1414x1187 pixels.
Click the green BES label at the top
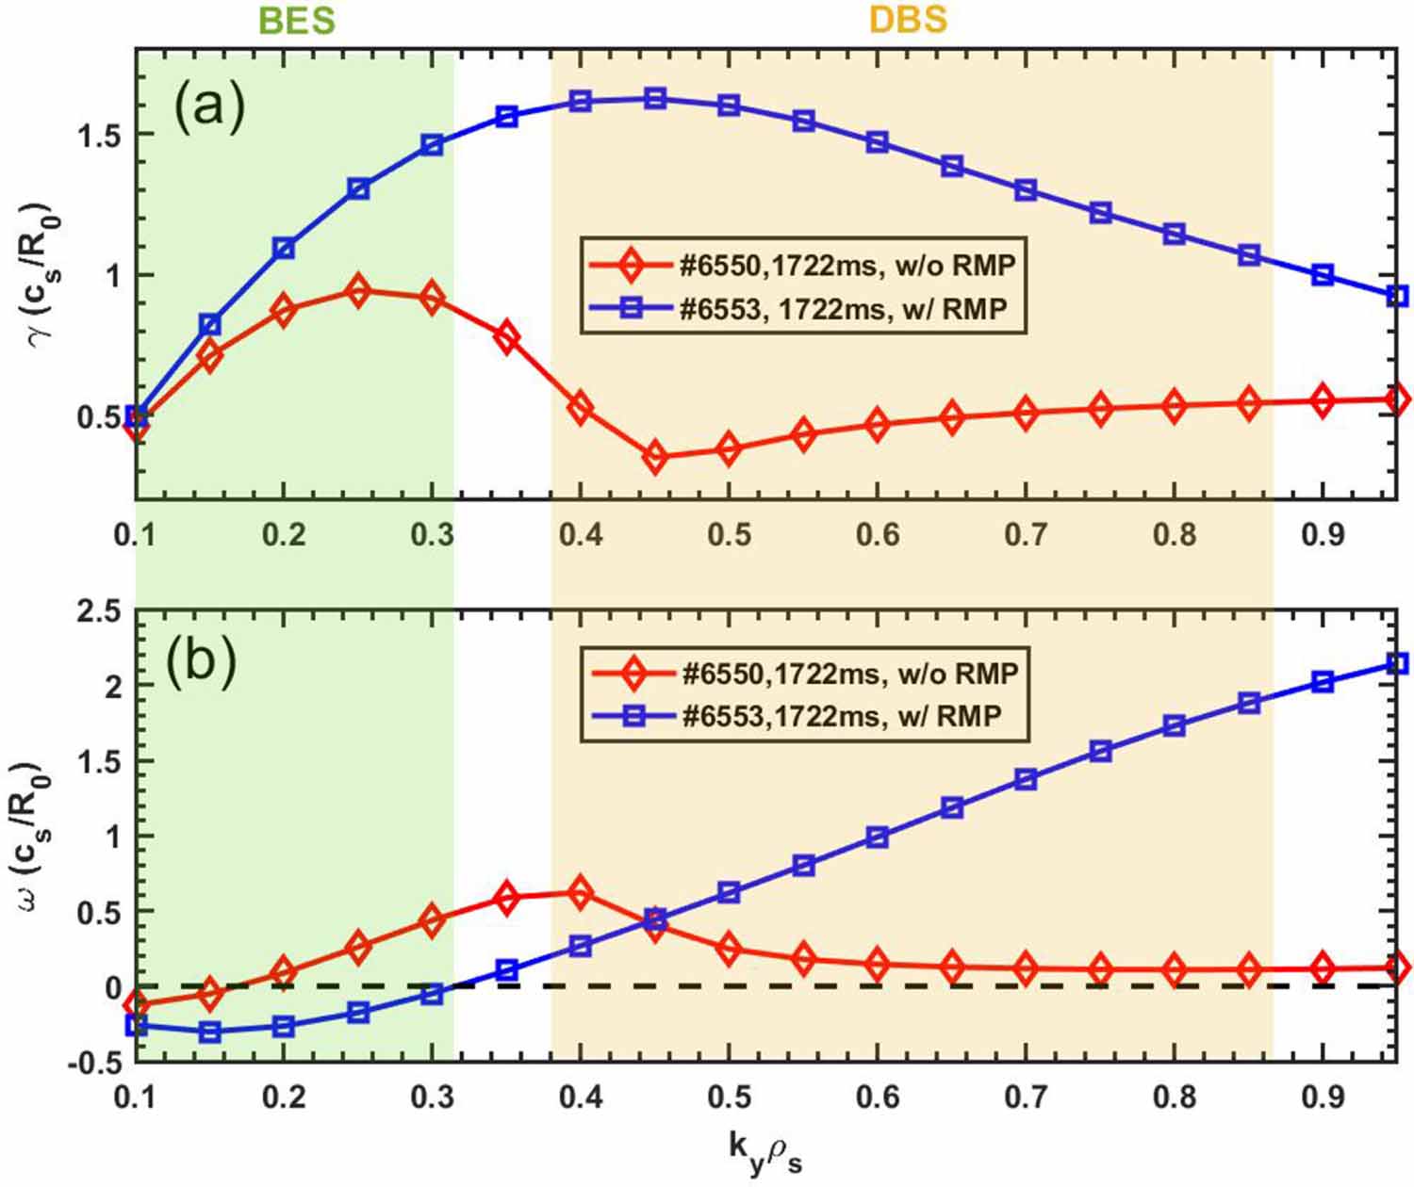tap(296, 20)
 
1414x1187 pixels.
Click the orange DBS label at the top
tap(907, 20)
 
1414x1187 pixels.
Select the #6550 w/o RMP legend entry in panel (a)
tap(801, 265)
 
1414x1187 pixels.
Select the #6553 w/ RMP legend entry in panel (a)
tap(801, 308)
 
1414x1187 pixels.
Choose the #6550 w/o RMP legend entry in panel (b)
tap(804, 674)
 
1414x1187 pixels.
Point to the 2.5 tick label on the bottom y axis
tap(98, 612)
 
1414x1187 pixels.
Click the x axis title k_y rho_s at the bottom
tap(765, 1151)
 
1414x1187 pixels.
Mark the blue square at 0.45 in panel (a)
tap(655, 99)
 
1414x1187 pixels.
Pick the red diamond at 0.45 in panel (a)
tap(655, 457)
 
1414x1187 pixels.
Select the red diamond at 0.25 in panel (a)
tap(357, 291)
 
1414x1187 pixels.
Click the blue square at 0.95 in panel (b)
tap(1398, 664)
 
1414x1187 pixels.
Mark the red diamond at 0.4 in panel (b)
tap(581, 892)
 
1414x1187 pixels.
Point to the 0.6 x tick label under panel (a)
tap(878, 535)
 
